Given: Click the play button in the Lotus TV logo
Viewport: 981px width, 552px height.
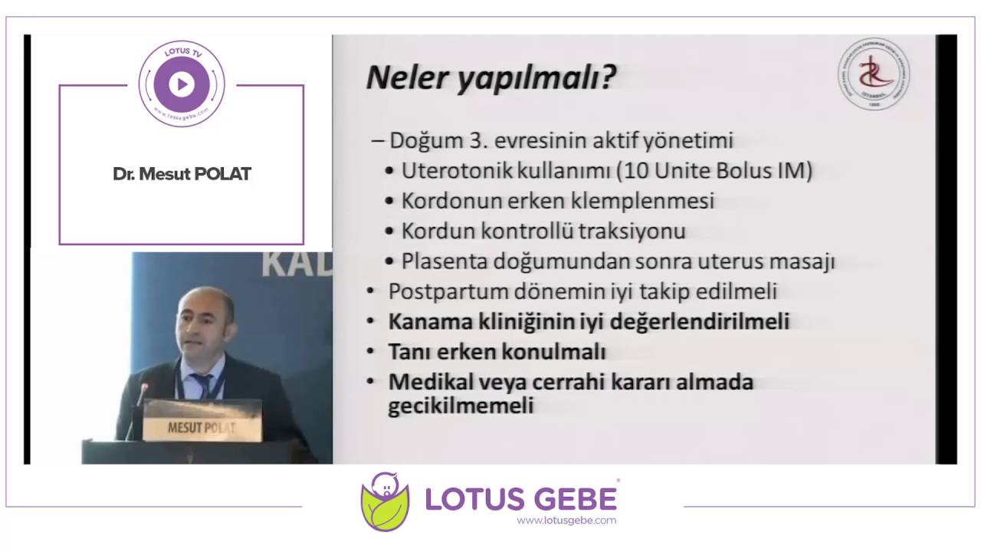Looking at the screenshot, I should (x=182, y=84).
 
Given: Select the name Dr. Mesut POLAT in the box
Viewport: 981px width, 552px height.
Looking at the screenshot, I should (x=182, y=174).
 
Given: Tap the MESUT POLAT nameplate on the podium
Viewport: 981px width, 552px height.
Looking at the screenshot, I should (x=202, y=427).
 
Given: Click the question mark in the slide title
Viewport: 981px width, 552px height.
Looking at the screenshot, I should (x=607, y=78).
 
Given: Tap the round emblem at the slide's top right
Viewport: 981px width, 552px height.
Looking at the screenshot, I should (x=874, y=74).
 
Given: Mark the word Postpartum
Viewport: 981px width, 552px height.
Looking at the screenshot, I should (x=437, y=291).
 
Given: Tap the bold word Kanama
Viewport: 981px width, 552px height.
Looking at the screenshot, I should (x=422, y=321).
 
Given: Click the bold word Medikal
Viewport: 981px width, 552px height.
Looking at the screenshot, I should (x=426, y=381).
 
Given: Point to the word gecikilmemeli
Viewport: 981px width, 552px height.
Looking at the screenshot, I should (x=460, y=406).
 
